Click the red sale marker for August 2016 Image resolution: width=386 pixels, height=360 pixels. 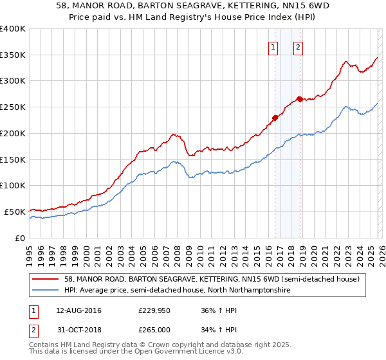(275, 118)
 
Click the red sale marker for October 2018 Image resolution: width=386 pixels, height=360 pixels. (300, 99)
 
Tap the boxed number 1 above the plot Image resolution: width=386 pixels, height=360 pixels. (273, 46)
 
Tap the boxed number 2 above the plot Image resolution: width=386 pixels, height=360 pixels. (299, 46)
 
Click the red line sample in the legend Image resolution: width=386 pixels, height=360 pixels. (46, 279)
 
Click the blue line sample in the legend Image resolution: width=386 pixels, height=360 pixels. (46, 291)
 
